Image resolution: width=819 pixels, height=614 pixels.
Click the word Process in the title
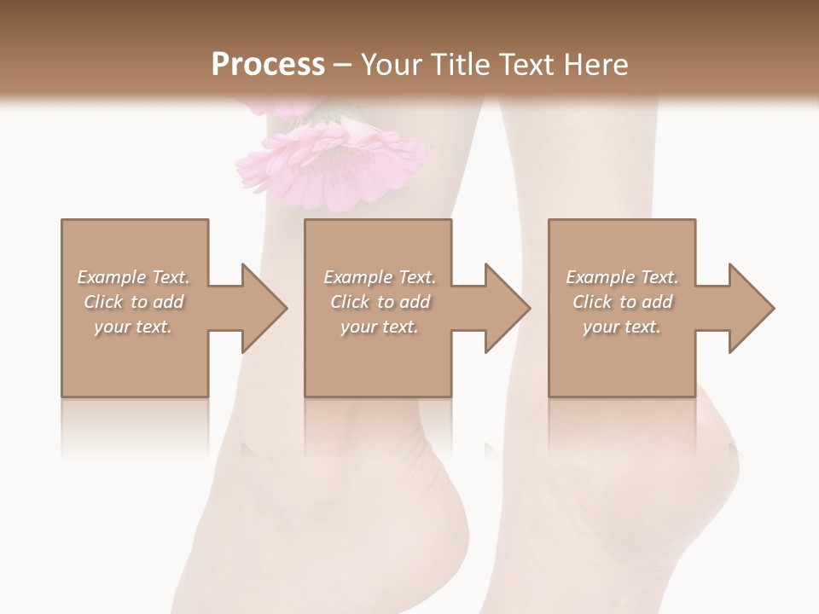[268, 65]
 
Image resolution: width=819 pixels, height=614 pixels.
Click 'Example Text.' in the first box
[134, 277]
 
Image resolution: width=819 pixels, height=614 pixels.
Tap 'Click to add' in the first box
[134, 302]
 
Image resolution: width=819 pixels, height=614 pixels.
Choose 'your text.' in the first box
[134, 327]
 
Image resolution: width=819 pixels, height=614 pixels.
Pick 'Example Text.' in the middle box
[380, 277]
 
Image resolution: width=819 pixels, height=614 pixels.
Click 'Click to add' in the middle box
[380, 302]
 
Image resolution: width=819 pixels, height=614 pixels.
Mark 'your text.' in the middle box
[380, 327]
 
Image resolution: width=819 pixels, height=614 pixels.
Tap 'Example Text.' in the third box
[622, 277]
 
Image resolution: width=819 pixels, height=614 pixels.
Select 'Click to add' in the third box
[622, 302]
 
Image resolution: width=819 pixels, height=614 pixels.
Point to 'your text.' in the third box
[622, 327]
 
